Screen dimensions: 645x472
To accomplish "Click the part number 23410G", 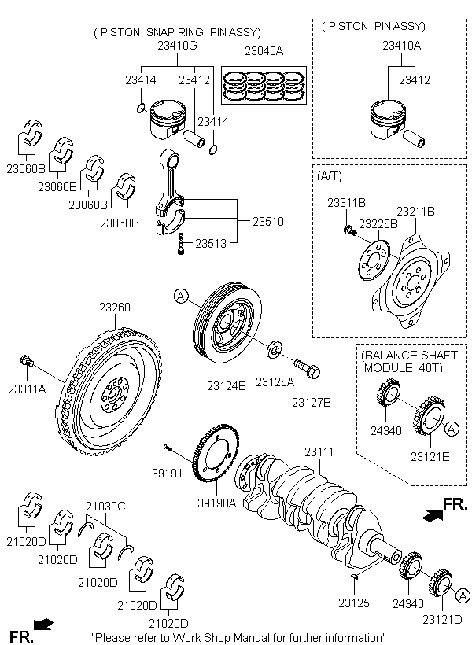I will (175, 46).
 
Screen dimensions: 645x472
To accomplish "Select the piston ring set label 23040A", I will (264, 51).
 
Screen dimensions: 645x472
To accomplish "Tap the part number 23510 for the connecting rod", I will (267, 223).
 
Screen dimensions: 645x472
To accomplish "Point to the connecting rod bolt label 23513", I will (211, 244).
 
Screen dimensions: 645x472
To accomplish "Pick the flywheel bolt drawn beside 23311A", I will (27, 362).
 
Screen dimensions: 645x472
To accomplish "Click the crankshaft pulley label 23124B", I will (227, 385).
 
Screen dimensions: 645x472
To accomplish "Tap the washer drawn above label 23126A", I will (275, 347).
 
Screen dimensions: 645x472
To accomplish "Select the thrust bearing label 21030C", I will (105, 507).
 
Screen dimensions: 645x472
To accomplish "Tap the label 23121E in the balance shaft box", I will (429, 455).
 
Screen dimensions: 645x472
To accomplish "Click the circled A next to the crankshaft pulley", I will (180, 297).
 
